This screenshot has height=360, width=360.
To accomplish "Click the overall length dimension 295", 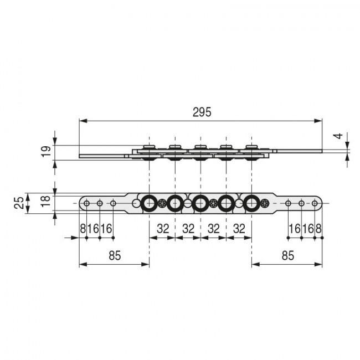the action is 202,112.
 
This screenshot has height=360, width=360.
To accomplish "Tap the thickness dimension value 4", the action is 338,136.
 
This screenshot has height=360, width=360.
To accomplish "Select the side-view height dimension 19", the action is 47,151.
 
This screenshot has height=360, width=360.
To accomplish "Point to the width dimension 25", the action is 19,203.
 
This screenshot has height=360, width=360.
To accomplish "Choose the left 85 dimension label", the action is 115,255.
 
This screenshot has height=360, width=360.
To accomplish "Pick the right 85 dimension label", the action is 288,255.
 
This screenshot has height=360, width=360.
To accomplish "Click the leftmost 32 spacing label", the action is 163,229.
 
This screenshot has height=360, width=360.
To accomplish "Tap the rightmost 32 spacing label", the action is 239,229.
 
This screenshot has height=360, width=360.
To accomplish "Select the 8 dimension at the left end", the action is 83,229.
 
